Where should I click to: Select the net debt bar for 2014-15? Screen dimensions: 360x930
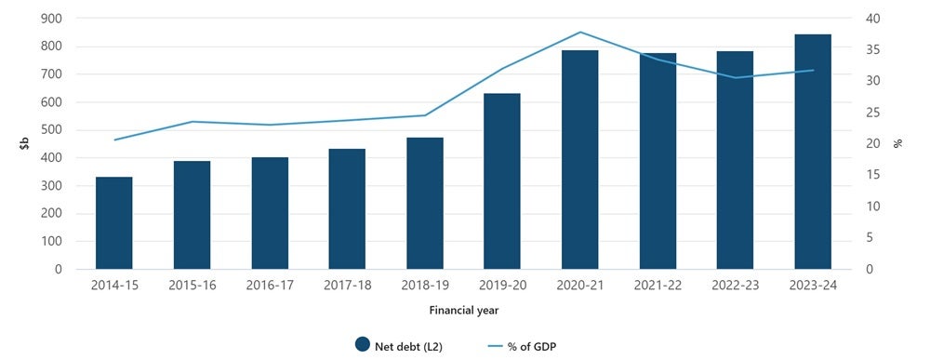coord(113,223)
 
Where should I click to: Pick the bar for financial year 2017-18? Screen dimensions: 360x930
coord(347,209)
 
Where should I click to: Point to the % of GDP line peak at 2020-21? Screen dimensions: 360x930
coord(579,33)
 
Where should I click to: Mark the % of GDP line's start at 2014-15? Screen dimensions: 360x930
coord(114,140)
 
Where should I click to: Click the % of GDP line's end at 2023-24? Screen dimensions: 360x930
coord(813,70)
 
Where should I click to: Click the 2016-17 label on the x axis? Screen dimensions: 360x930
coord(269,285)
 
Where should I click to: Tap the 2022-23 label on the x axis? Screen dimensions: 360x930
coord(735,285)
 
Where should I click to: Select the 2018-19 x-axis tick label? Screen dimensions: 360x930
coord(424,285)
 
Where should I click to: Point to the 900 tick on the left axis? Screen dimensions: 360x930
coord(53,19)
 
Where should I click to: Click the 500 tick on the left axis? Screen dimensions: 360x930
coord(53,130)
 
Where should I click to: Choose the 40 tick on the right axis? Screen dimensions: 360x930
coord(873,19)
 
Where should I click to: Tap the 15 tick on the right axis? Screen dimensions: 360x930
coord(872,175)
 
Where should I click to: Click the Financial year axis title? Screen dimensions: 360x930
coord(462,309)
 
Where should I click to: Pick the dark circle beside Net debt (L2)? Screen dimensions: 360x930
coord(363,345)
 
